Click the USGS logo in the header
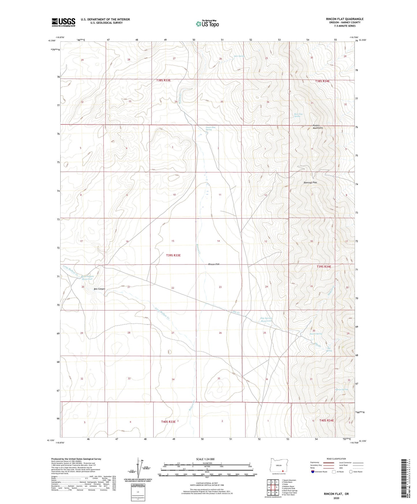point(63,22)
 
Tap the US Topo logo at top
point(207,24)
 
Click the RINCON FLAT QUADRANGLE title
point(345,19)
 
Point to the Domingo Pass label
point(310,183)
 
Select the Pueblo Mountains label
point(318,126)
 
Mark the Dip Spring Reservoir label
point(266,320)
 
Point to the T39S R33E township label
point(173,255)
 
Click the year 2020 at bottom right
point(336,498)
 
